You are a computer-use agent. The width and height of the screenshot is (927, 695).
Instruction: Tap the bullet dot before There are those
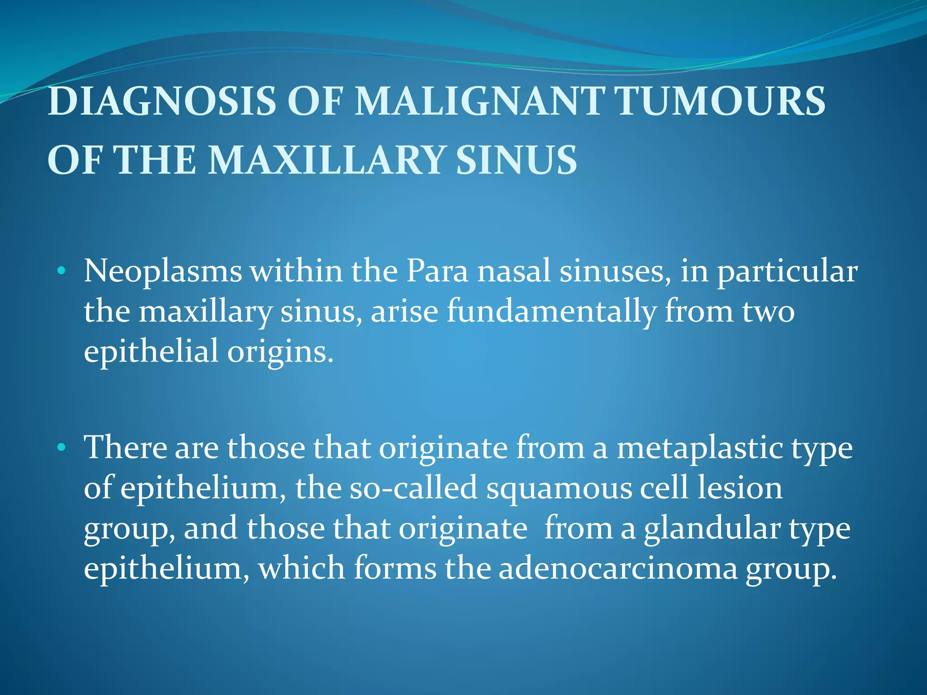click(62, 448)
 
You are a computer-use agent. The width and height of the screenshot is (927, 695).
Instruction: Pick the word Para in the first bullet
click(437, 271)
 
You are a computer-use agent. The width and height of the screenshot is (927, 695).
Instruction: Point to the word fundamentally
click(551, 312)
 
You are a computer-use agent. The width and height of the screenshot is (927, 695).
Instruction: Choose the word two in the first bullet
click(768, 312)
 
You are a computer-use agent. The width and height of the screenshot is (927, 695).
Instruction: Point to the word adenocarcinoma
click(618, 569)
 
